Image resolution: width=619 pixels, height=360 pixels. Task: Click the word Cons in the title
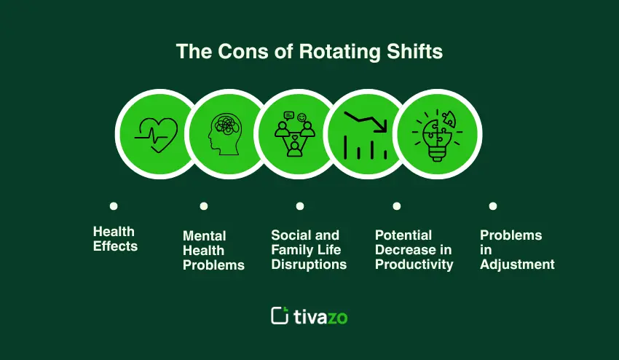coord(243,51)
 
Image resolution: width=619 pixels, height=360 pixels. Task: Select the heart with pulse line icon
coord(157,135)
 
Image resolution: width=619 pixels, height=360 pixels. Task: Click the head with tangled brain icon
coord(226,134)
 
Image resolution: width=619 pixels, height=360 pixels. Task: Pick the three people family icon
coord(294,134)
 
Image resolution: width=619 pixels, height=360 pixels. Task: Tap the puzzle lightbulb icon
coord(437,136)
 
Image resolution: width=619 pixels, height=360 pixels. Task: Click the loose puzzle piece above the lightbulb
coord(449,118)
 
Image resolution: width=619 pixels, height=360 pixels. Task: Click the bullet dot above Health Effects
coord(114,206)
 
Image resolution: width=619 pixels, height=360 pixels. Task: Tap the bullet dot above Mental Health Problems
coord(204,206)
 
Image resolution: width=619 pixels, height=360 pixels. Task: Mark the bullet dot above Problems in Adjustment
coord(493,206)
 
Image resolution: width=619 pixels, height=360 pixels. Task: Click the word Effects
coord(115,246)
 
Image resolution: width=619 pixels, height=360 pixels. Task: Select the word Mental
coord(205,236)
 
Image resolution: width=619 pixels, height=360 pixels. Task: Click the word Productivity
coord(414,265)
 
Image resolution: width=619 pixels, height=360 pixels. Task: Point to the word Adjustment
coord(518,265)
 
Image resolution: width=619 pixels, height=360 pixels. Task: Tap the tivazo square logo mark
coord(280,316)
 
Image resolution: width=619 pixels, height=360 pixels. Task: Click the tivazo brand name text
coord(320,316)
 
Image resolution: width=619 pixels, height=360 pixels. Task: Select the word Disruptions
coord(309,265)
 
